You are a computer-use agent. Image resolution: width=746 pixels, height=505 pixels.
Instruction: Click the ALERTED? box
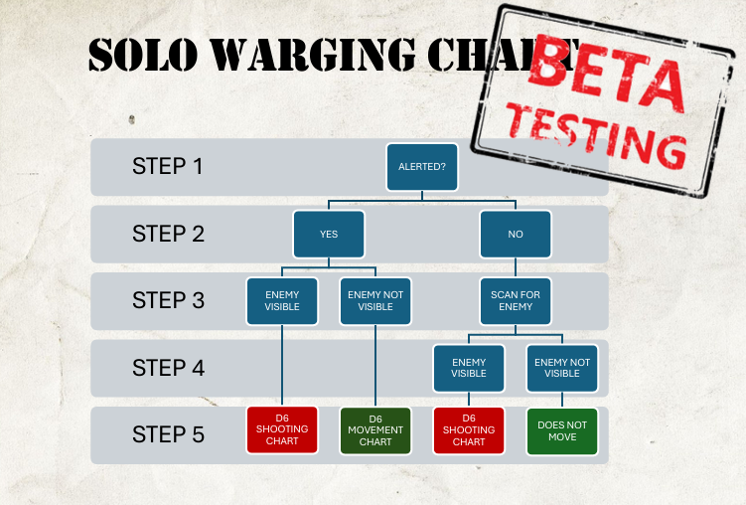422,167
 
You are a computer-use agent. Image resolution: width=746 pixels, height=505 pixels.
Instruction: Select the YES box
329,235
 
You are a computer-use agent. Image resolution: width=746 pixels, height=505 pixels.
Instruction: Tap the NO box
516,235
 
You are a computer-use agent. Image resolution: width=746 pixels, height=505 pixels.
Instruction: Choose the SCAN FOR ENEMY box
516,300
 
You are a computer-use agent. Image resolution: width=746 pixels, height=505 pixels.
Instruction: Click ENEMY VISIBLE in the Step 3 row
282,300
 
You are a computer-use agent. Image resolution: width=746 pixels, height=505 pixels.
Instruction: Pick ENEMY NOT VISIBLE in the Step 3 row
375,300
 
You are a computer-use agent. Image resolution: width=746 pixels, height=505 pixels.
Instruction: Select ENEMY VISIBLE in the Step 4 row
469,368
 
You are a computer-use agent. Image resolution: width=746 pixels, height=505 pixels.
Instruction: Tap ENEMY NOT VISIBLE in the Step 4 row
562,368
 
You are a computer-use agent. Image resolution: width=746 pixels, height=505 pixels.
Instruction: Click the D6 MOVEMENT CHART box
375,429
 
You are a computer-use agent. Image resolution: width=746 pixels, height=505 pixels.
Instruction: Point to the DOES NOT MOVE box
562,429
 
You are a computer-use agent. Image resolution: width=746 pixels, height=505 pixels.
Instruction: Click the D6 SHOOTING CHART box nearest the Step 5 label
282,429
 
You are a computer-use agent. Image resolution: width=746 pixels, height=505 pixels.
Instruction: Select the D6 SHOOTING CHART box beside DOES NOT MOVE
469,429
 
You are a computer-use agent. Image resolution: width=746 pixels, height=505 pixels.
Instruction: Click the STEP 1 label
168,166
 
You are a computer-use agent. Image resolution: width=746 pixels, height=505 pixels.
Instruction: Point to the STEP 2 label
168,235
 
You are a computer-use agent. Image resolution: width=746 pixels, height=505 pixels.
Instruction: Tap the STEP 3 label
168,300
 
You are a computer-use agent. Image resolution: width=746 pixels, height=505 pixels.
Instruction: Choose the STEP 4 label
168,368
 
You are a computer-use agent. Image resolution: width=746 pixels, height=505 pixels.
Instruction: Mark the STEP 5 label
168,434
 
